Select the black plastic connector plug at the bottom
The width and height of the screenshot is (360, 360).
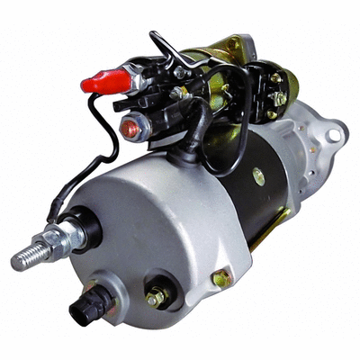pyautogui.click(x=91, y=306)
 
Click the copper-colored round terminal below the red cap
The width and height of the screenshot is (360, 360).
pyautogui.click(x=130, y=129)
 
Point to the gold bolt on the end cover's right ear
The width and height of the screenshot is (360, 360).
pyautogui.click(x=220, y=279)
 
